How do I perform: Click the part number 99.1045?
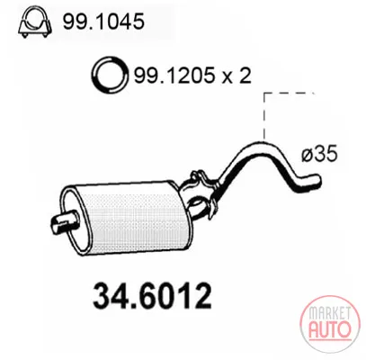(103, 22)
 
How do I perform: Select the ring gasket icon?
(110, 74)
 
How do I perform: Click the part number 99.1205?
(174, 75)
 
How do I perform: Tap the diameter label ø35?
(319, 154)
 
